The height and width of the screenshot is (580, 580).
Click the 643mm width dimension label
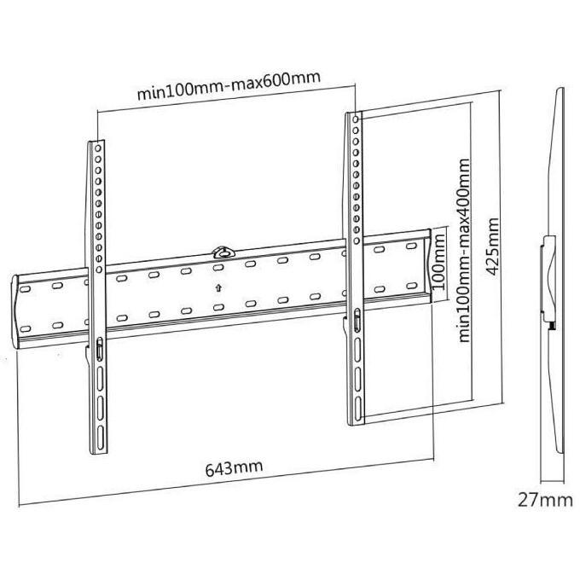235,468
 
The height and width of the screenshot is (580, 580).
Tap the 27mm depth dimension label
545,500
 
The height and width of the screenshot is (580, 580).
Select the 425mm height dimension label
492,246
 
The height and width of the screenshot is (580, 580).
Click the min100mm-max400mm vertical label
464,251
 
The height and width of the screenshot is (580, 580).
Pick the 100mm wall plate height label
438,262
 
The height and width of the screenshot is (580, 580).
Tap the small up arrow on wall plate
219,287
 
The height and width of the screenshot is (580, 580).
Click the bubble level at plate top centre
223,252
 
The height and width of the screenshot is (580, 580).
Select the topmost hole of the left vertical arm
98,148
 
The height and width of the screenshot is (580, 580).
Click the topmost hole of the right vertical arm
356,119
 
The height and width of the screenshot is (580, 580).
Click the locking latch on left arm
100,349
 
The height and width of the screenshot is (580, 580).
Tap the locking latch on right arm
357,320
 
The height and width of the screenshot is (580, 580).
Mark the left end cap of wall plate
14,312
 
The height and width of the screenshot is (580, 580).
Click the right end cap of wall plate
428,265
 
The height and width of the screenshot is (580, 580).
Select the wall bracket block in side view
548,278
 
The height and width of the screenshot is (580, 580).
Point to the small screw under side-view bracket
552,325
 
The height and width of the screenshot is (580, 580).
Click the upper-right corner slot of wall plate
411,246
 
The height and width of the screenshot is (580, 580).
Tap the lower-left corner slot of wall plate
25,329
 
